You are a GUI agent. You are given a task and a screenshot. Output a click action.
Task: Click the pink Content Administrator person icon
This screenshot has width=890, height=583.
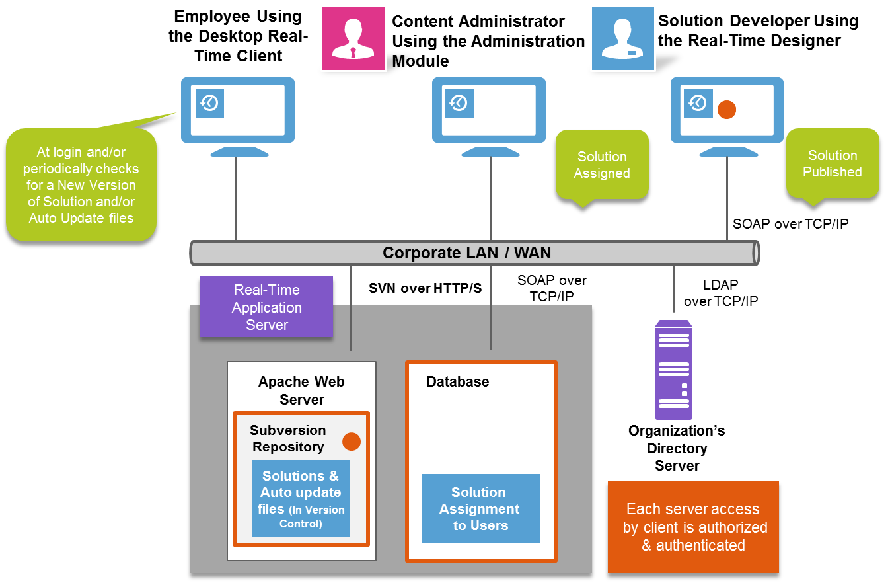click(353, 38)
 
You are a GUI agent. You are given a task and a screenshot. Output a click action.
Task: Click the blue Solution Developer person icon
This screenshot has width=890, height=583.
click(622, 38)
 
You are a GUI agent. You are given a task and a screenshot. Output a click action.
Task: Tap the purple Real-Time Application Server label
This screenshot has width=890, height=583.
click(266, 307)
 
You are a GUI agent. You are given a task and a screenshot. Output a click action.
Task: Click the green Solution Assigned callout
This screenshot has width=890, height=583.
click(601, 165)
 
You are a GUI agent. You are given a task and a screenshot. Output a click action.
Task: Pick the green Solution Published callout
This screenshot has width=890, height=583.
click(832, 164)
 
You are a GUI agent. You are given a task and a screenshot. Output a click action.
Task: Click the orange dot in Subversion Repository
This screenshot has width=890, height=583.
click(352, 442)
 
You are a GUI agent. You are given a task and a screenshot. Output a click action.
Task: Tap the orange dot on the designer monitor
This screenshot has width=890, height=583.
click(727, 110)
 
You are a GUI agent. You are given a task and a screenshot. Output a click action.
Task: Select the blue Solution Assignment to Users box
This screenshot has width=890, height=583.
click(480, 509)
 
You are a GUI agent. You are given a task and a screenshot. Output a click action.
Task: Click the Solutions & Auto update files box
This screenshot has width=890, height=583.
click(301, 498)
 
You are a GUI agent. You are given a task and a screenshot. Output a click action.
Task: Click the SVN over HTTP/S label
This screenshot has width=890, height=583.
click(425, 288)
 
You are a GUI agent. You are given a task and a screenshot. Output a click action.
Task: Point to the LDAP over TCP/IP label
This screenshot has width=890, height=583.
click(720, 293)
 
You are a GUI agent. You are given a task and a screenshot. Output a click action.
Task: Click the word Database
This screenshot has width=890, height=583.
click(457, 382)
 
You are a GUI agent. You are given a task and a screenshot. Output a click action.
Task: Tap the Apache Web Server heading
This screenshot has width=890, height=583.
click(301, 391)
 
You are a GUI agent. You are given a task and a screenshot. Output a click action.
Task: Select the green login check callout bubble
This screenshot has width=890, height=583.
click(81, 185)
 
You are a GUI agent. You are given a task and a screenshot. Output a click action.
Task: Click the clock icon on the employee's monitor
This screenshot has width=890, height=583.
click(209, 103)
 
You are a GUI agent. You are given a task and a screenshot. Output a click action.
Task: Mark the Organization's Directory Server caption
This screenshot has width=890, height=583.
click(677, 448)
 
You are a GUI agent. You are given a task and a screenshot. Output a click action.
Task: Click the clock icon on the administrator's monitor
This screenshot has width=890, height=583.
click(459, 103)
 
